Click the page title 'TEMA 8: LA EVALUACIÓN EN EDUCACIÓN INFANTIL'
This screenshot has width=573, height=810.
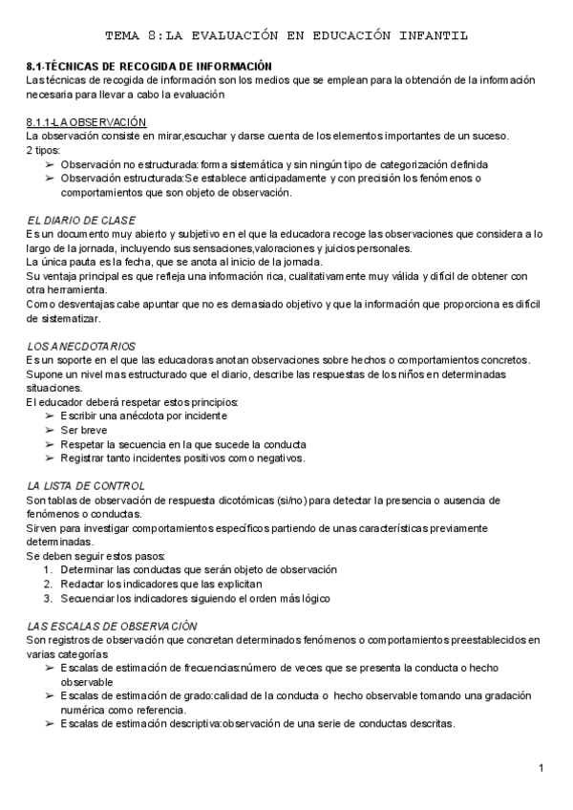[x=286, y=35]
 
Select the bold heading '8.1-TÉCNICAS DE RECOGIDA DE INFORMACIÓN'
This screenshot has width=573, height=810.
[x=149, y=66]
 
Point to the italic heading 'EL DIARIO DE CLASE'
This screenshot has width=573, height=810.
[x=80, y=220]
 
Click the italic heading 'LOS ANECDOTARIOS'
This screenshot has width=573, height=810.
[x=81, y=345]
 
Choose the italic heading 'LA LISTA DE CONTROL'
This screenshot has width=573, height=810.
[x=86, y=486]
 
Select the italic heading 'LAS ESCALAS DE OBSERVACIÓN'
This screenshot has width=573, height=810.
[x=106, y=625]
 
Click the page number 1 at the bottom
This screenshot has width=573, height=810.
[x=541, y=768]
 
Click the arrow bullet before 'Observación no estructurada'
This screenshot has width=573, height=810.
[x=50, y=164]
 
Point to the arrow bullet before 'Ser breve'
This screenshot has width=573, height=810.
[x=50, y=430]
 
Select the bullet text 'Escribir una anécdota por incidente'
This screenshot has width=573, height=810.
[x=143, y=416]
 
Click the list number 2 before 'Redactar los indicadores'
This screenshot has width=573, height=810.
[x=48, y=584]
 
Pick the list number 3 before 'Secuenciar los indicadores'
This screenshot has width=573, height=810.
[x=48, y=598]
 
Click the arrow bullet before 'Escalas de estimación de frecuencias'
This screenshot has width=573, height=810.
[x=50, y=669]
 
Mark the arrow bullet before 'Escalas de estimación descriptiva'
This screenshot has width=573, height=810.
[x=50, y=723]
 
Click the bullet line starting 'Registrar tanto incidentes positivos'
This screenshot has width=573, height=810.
[x=182, y=458]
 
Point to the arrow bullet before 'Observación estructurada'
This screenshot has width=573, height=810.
[x=50, y=178]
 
